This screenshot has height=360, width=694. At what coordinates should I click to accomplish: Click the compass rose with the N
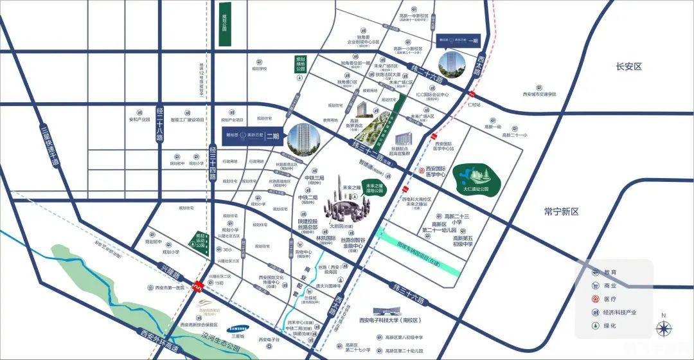[x=663, y=328]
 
